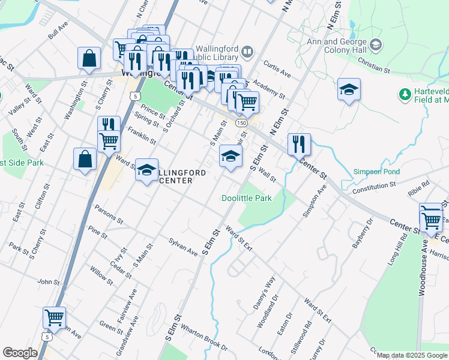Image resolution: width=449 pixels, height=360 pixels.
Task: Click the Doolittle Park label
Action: pyautogui.click(x=247, y=198)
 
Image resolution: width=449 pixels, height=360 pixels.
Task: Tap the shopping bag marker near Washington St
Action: pyautogui.click(x=89, y=59)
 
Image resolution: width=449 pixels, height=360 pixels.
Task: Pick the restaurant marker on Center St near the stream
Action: pyautogui.click(x=299, y=145)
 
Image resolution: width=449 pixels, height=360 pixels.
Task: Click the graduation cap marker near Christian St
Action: pyautogui.click(x=349, y=90)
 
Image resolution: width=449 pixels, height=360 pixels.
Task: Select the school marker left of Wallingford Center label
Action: pyautogui.click(x=146, y=170)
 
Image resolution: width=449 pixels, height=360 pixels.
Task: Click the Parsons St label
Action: pyautogui.click(x=108, y=215)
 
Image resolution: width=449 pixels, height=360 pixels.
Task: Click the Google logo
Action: pyautogui.click(x=20, y=353)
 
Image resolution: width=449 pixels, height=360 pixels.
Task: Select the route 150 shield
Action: pyautogui.click(x=241, y=122)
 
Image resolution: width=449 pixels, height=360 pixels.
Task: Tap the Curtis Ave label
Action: pyautogui.click(x=277, y=70)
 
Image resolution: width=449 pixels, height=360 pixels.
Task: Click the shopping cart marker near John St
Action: pyautogui.click(x=54, y=317)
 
